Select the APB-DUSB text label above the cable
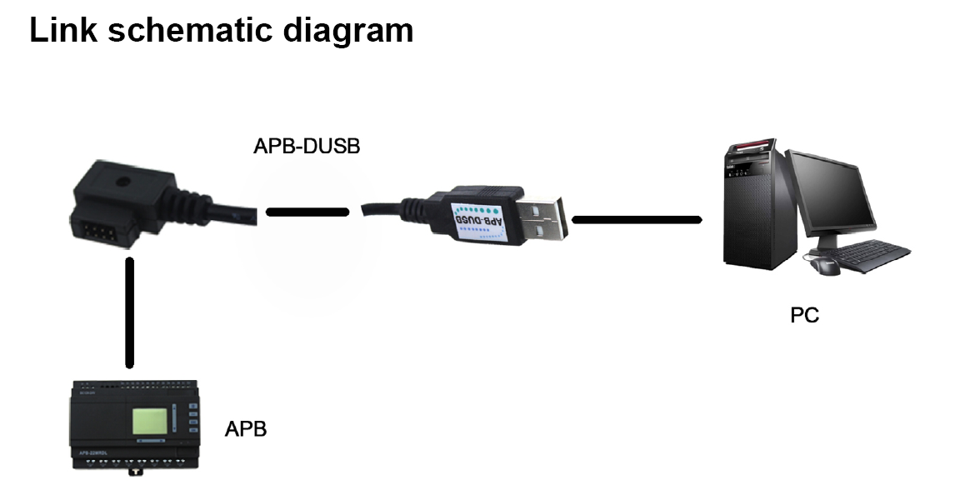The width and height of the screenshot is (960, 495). [307, 147]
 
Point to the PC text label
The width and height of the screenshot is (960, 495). [804, 316]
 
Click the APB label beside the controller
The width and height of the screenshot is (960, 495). [246, 431]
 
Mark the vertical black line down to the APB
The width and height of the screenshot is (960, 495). [129, 312]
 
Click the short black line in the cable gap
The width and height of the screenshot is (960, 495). [307, 212]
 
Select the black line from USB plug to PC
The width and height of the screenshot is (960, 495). [637, 219]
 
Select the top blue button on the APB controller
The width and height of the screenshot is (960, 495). [192, 408]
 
